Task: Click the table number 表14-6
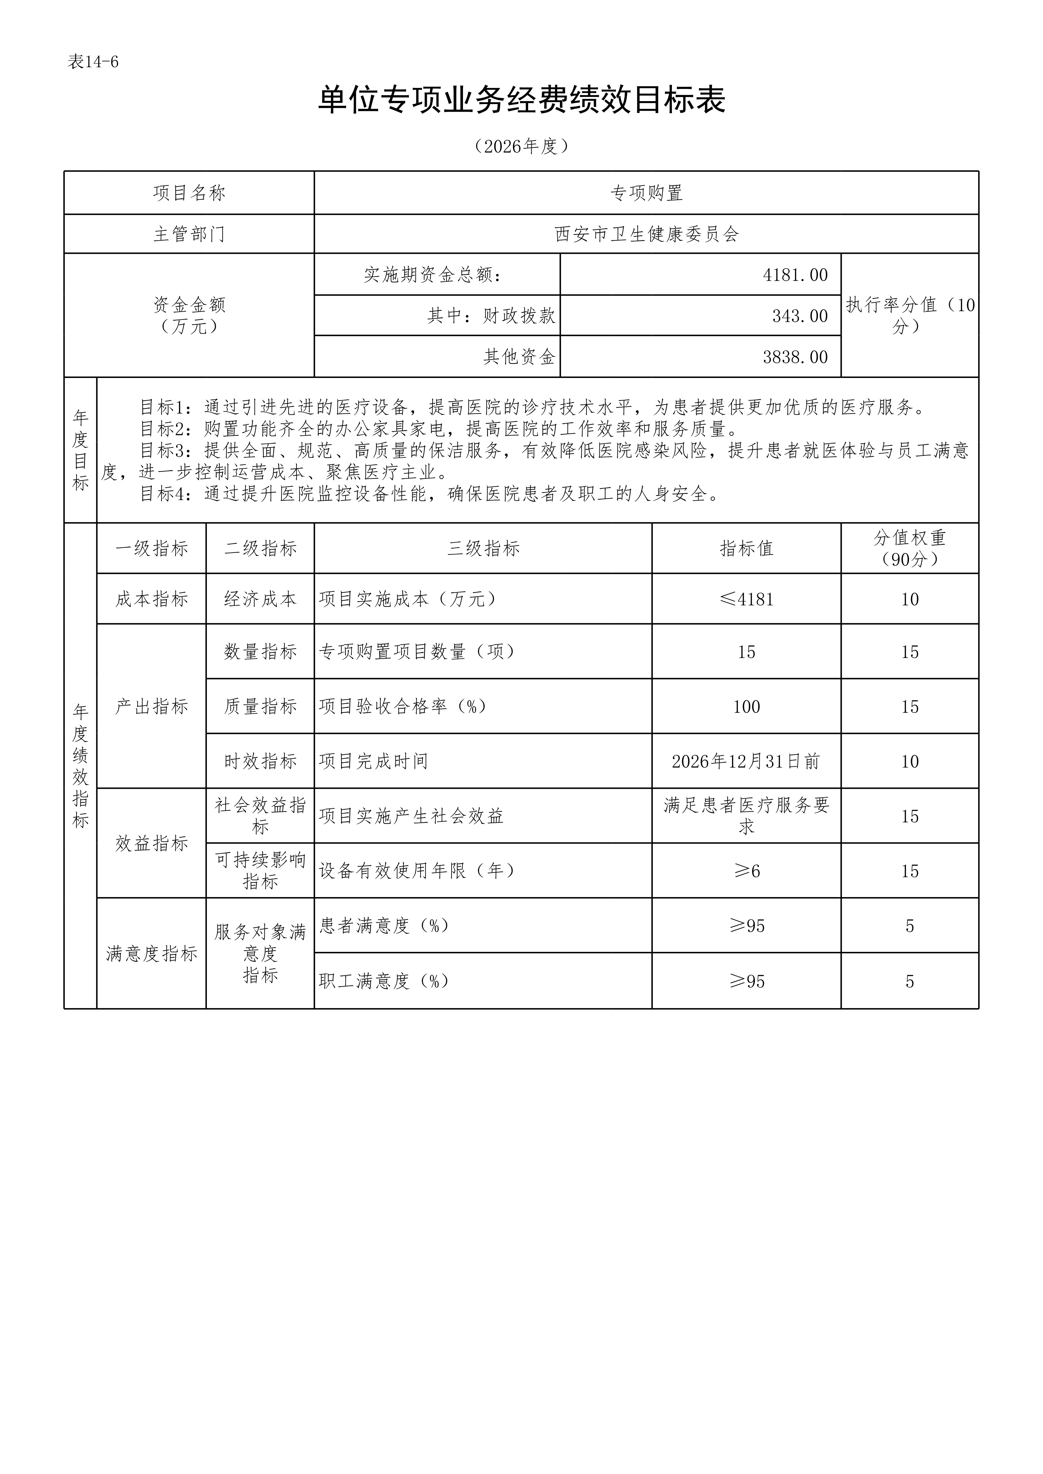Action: click(93, 62)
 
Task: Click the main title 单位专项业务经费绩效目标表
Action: click(521, 101)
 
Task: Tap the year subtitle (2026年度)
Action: click(521, 146)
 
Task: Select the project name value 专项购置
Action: click(646, 193)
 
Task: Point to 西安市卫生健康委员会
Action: click(646, 234)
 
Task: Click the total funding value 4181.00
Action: click(795, 275)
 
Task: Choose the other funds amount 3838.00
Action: click(795, 357)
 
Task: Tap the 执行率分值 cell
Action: click(909, 315)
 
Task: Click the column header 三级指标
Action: click(483, 548)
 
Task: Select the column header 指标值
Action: click(746, 548)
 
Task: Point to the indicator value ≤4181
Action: click(746, 599)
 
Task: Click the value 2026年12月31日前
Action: click(746, 761)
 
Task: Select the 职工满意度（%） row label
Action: click(384, 981)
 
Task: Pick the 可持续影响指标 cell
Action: click(260, 870)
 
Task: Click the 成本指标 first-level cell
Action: click(152, 599)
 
